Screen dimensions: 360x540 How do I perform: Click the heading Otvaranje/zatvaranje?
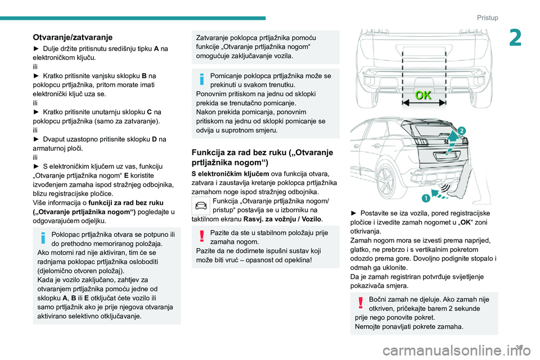coord(73,37)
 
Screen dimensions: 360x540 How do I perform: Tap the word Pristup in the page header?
coord(487,17)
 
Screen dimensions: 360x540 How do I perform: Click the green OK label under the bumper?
coord(424,95)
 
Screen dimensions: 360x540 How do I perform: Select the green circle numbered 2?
coord(461,131)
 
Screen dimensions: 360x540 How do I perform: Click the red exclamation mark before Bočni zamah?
coord(360,304)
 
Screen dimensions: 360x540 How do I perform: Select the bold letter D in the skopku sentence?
coord(154,138)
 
